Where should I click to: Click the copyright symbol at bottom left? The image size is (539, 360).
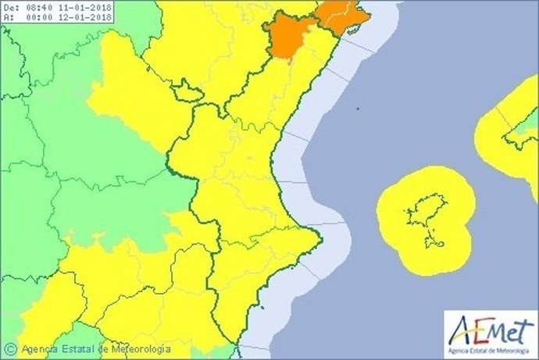tap(10, 349)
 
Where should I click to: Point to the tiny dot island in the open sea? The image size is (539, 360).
tap(357, 109)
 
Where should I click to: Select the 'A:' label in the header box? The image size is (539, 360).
tap(9, 16)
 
